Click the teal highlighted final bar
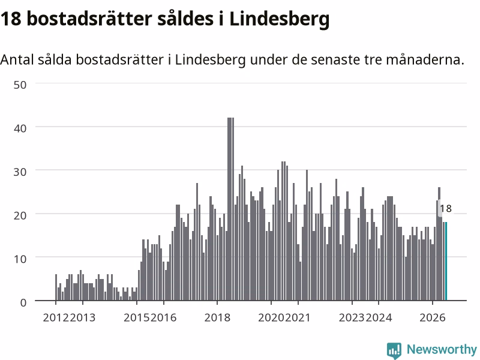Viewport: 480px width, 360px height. (446, 261)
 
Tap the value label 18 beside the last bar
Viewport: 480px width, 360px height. (446, 209)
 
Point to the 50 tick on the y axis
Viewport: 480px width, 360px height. (20, 85)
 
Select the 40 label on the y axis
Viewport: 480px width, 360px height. (20, 128)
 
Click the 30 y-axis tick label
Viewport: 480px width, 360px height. (20, 172)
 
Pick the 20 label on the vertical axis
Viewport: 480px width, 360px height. (20, 215)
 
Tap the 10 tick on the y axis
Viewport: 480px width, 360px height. (20, 259)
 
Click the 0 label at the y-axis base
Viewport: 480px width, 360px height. (23, 303)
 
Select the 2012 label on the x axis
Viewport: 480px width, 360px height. (56, 318)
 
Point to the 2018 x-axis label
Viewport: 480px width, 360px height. (217, 318)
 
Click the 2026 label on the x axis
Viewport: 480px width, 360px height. (432, 318)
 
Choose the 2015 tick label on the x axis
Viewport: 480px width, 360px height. (137, 318)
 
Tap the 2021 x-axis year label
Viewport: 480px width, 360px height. (298, 318)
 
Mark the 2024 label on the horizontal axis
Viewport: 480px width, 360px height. (379, 318)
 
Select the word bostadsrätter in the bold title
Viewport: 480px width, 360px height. (89, 19)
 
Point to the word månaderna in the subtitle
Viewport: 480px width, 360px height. (425, 59)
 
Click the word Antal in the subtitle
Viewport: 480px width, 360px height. (17, 59)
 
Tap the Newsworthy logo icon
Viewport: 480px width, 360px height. (394, 350)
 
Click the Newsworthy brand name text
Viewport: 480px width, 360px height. (442, 349)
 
